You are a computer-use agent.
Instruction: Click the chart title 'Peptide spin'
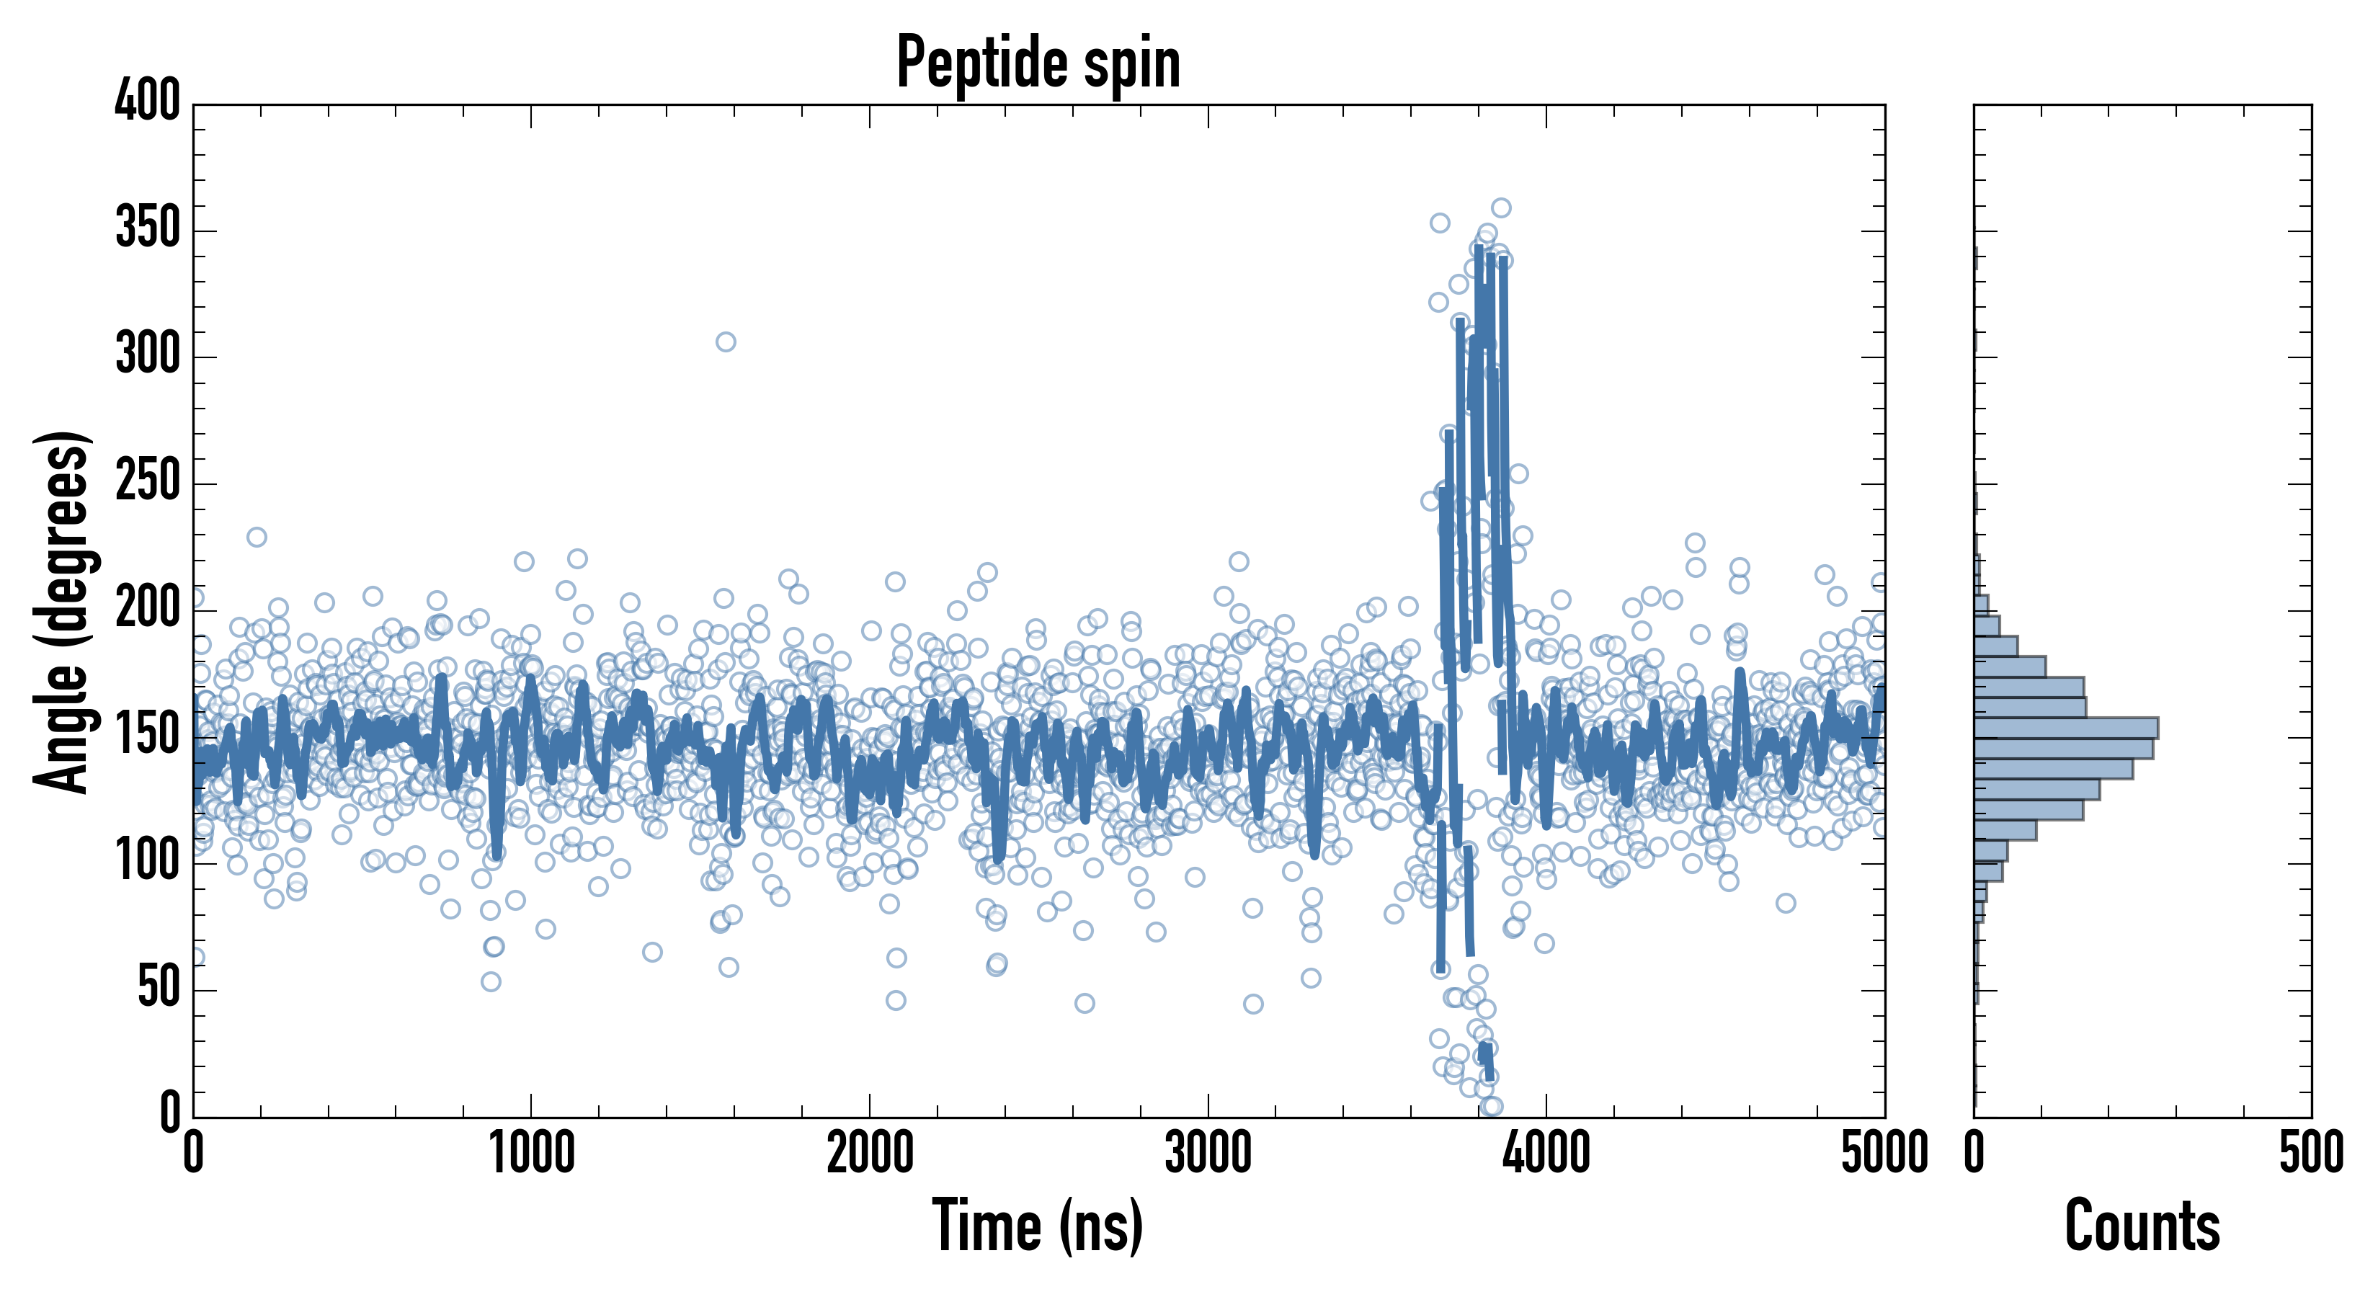[x=1038, y=63]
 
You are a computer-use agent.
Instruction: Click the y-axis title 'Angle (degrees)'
[x=62, y=611]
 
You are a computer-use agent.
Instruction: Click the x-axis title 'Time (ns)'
[x=1038, y=1225]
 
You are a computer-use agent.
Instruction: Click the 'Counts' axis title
[x=2142, y=1225]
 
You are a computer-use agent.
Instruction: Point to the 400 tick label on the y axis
[x=148, y=101]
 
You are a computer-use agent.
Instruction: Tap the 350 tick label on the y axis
[x=148, y=228]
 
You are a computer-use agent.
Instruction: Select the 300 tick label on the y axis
[x=148, y=355]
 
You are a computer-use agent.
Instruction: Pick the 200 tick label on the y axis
[x=148, y=608]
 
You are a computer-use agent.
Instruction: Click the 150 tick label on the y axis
[x=148, y=736]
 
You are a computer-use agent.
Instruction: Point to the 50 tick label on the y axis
[x=159, y=989]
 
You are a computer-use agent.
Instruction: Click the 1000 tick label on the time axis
[x=532, y=1154]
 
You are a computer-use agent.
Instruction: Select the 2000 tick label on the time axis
[x=870, y=1154]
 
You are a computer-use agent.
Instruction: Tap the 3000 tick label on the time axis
[x=1208, y=1154]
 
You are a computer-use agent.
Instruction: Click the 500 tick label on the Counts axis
[x=2310, y=1154]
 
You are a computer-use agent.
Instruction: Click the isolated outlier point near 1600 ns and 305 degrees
[x=726, y=342]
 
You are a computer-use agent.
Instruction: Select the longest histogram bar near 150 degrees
[x=2066, y=728]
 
